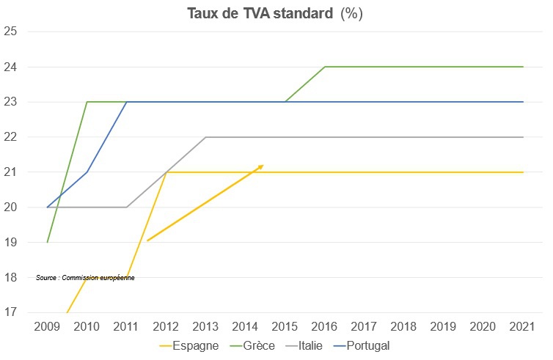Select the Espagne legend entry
tap(195, 345)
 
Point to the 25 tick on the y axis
tap(10, 32)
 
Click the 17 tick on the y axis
tap(10, 312)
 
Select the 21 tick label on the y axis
tap(10, 172)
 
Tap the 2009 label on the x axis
tap(48, 326)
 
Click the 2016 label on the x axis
tap(325, 326)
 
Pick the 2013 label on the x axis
tap(206, 326)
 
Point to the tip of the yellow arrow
tap(263, 165)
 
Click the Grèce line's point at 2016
tap(325, 67)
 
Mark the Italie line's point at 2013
tap(206, 137)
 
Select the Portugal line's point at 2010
tap(87, 172)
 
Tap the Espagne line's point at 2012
tap(166, 172)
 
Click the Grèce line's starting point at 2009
tap(48, 242)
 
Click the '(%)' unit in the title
tap(351, 13)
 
